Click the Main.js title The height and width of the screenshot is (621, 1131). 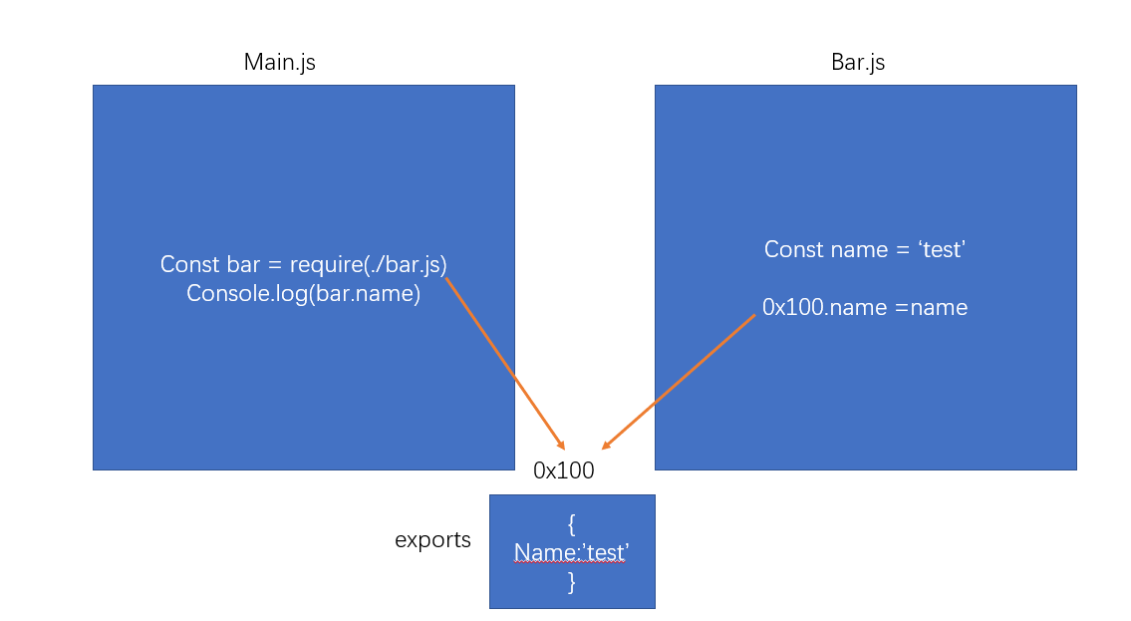click(x=280, y=62)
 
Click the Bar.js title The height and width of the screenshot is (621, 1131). click(x=858, y=62)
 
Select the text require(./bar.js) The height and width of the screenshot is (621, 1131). click(x=368, y=265)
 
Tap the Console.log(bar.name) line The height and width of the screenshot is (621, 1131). click(x=303, y=294)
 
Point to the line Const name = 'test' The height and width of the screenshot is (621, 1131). click(x=865, y=249)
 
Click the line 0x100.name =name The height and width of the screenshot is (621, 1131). click(x=865, y=308)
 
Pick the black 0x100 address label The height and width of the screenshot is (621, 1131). click(x=564, y=471)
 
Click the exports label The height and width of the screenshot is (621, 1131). click(x=432, y=540)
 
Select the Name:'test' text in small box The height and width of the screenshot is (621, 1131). click(x=571, y=552)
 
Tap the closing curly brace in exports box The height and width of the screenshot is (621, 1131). click(x=572, y=582)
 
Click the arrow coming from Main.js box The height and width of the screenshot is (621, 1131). click(x=504, y=363)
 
